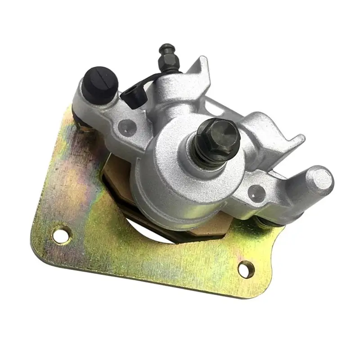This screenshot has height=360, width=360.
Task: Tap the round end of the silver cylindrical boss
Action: [x=320, y=180]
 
